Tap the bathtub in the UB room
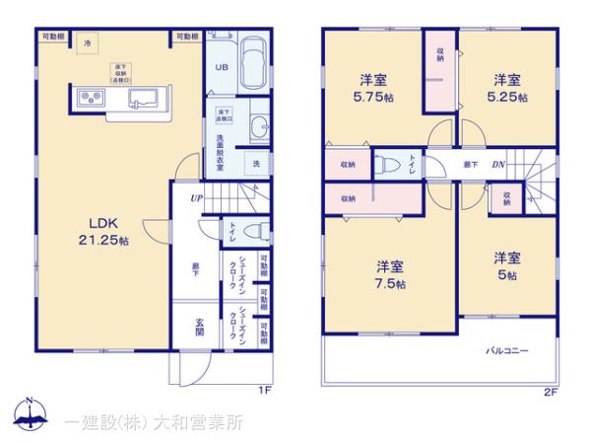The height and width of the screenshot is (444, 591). click(x=251, y=64)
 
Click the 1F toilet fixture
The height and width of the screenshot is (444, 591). click(x=253, y=231)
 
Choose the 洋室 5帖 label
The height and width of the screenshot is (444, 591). click(x=508, y=267)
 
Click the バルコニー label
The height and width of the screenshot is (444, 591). click(x=507, y=350)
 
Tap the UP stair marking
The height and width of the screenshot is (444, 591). click(x=197, y=198)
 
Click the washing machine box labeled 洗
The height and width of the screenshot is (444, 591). click(x=256, y=163)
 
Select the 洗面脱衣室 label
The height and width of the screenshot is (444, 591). click(x=222, y=153)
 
